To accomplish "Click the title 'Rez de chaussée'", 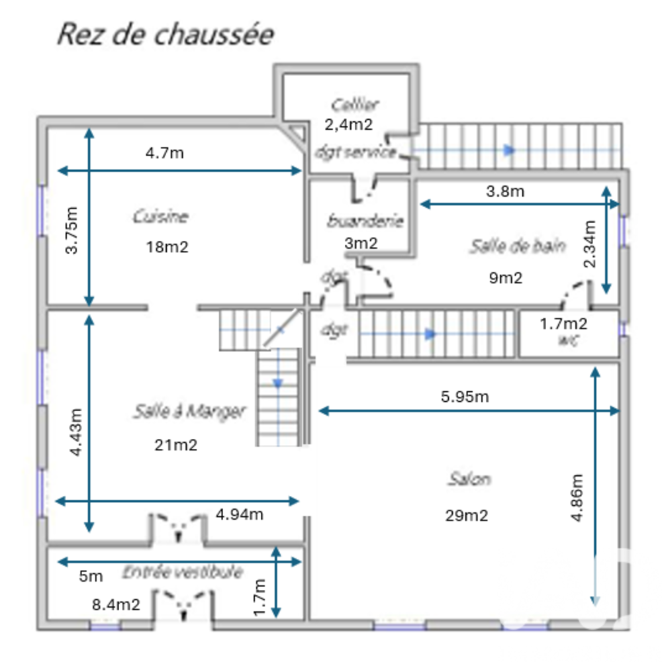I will point(165,34).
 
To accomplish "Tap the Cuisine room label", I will point(161,216).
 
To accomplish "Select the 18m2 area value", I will point(167,247).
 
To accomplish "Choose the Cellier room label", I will point(355,105).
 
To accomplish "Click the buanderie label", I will point(365,221).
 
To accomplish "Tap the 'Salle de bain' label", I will point(518,246).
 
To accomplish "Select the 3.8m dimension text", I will point(505,192).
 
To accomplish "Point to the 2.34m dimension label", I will point(590,243).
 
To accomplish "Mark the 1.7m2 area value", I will point(563,324).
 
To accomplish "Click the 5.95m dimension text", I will point(465,397).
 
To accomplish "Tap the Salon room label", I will point(469,478).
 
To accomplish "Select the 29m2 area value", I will point(467,516).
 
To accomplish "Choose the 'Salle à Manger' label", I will point(189,411).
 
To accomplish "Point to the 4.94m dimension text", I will point(240,514).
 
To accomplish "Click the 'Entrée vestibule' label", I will point(182,572).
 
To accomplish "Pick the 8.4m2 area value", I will point(116,604).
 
